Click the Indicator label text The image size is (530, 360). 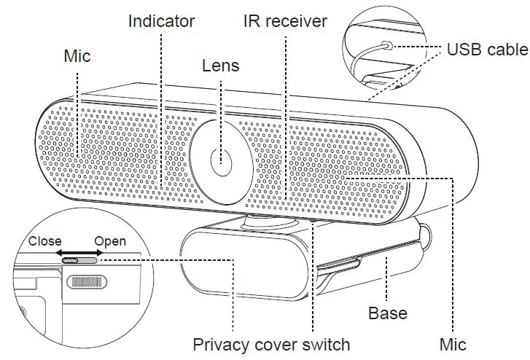pyautogui.click(x=163, y=20)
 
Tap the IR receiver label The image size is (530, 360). pyautogui.click(x=285, y=20)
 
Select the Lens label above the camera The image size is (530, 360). pyautogui.click(x=220, y=66)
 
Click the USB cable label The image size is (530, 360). pyautogui.click(x=486, y=50)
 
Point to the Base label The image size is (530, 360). pyautogui.click(x=387, y=313)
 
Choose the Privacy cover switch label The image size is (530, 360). pyautogui.click(x=271, y=344)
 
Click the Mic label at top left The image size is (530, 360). pyautogui.click(x=77, y=55)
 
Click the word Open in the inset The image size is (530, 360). pyautogui.click(x=110, y=241)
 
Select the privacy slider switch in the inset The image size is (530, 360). pyautogui.click(x=81, y=261)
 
